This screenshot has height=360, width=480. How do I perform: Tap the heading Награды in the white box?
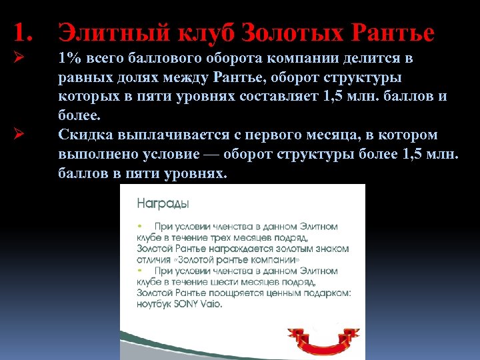tap(163, 202)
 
